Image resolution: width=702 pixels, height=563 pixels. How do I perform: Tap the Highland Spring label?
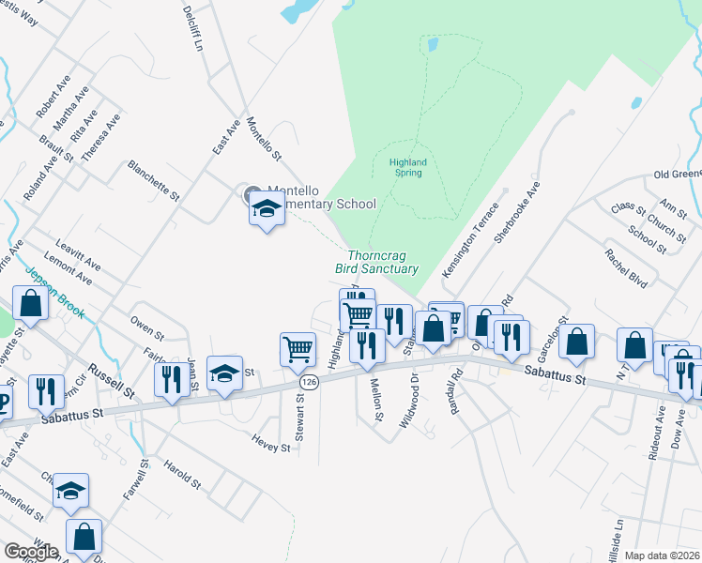[x=408, y=167]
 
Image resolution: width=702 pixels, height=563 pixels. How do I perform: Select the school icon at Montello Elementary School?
[x=267, y=210]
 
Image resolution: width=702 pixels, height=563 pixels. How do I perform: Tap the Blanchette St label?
[x=154, y=180]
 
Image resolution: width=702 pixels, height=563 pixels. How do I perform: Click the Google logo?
[x=31, y=552]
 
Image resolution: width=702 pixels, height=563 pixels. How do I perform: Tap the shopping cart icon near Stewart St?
[x=298, y=349]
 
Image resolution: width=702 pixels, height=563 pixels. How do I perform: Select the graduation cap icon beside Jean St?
[x=224, y=373]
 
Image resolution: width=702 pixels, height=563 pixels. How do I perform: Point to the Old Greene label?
[x=678, y=174]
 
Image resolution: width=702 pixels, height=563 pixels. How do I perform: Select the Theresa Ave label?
[x=101, y=139]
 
